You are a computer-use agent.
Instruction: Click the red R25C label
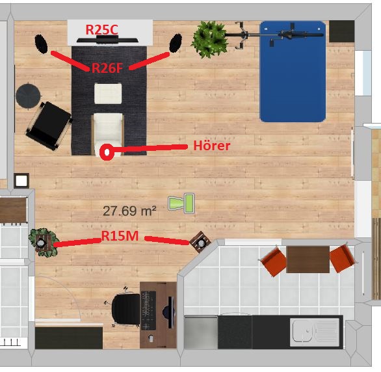[102, 30]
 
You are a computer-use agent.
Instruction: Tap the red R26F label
[107, 68]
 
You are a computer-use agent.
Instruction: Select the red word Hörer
[212, 146]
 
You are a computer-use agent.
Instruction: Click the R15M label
[120, 235]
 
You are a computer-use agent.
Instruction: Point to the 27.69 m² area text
[129, 211]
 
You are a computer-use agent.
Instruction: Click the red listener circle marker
[107, 152]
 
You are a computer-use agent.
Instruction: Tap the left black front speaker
[41, 44]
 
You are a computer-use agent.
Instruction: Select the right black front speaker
[176, 43]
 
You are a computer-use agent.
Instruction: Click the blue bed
[293, 72]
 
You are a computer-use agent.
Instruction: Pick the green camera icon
[181, 204]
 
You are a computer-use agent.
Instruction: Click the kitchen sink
[315, 331]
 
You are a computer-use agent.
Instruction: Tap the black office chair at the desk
[125, 309]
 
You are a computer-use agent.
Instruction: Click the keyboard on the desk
[148, 310]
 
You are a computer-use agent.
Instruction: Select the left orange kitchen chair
[273, 261]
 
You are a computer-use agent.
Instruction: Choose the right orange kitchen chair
[343, 258]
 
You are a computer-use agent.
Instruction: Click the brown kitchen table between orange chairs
[308, 259]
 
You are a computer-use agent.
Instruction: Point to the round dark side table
[28, 96]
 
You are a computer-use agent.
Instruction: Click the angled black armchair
[49, 126]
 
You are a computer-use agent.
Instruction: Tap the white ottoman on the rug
[108, 94]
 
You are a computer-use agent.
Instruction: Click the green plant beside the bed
[210, 39]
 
